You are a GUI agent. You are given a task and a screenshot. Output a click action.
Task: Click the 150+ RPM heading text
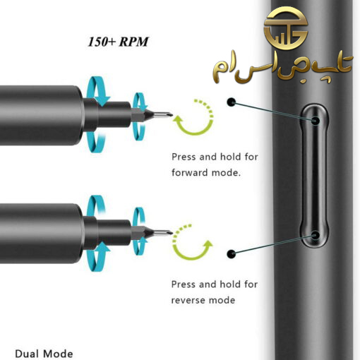[118, 42]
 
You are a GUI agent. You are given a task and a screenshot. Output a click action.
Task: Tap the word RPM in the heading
[133, 42]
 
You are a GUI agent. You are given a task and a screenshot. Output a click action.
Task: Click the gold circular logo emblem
[286, 28]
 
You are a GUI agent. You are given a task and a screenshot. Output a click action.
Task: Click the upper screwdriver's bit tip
[172, 115]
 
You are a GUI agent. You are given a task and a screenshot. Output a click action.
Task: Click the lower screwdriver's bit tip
[172, 233]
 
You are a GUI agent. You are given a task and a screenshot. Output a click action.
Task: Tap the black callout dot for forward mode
[232, 102]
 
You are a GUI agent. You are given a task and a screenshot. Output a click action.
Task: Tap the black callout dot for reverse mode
[232, 254]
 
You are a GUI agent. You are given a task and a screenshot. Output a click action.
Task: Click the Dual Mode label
[44, 354]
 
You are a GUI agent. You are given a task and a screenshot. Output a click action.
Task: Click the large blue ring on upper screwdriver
[97, 114]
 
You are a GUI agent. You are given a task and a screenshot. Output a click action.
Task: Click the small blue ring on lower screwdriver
[139, 232]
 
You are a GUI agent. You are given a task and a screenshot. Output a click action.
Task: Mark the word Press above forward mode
[184, 157]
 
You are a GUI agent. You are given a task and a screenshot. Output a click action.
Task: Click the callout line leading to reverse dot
[273, 245]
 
